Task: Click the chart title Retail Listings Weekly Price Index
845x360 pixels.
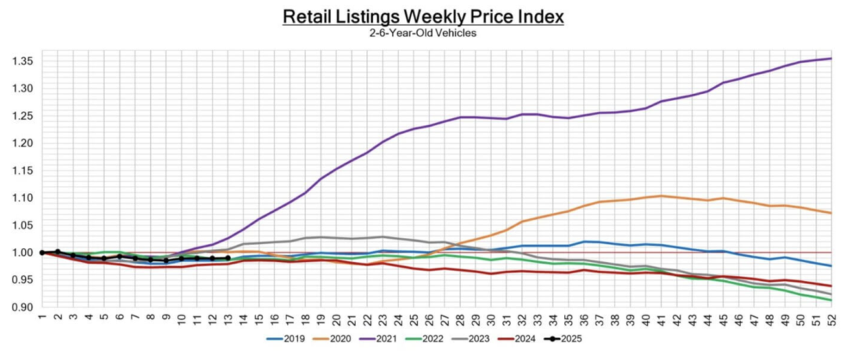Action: pos(422,16)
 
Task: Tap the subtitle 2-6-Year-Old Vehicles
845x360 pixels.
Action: pos(422,33)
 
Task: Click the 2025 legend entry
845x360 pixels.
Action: pos(569,339)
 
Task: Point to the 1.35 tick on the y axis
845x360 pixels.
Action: pos(20,61)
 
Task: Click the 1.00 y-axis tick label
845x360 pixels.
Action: pos(20,253)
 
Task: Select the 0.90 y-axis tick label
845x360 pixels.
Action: pos(20,308)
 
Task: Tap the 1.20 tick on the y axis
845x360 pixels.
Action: pos(20,143)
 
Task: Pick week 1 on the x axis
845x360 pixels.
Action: pos(41,319)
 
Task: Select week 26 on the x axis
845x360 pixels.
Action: pos(428,319)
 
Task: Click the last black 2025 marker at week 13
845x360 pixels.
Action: pos(227,258)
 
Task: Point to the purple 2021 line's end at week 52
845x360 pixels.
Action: pos(830,59)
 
